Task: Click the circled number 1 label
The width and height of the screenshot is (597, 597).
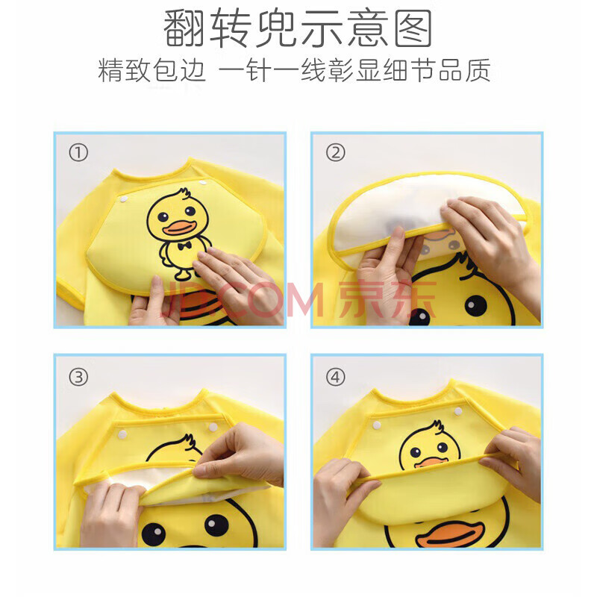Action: (x=78, y=153)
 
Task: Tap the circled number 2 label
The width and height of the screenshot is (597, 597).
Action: (x=336, y=153)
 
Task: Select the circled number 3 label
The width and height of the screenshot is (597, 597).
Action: (x=78, y=378)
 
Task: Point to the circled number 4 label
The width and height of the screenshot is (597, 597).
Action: (x=336, y=378)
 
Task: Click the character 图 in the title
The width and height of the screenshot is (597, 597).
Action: (x=413, y=28)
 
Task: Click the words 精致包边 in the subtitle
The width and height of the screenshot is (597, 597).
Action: (x=152, y=71)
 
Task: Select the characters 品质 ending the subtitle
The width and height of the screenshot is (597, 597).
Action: (x=464, y=71)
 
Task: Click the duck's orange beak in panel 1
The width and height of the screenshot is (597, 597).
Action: (x=179, y=228)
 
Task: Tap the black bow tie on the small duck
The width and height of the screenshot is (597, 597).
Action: (x=184, y=246)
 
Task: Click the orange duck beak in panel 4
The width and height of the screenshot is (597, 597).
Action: (x=449, y=534)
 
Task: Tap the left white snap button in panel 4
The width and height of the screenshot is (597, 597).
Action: (x=378, y=425)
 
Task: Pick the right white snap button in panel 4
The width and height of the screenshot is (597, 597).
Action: (x=458, y=411)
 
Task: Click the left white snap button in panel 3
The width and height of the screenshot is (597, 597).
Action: (x=122, y=434)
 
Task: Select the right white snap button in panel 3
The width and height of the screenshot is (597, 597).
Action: (x=213, y=427)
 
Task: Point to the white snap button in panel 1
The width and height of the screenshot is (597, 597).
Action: (x=124, y=199)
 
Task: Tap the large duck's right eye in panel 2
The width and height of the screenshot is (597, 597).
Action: (x=475, y=305)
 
